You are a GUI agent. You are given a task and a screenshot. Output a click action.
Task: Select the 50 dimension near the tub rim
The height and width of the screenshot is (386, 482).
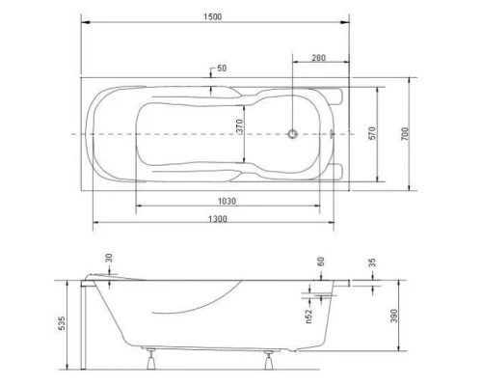coord(223,69)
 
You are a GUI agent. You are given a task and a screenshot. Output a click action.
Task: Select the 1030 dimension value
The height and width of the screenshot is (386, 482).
coord(228,201)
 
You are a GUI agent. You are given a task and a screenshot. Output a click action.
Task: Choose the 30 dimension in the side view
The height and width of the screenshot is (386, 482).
coord(108,258)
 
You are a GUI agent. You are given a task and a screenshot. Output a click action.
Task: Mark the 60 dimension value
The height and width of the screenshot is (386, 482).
coord(320,262)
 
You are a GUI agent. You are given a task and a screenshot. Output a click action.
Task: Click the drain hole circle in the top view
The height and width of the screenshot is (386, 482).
coord(295,133)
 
